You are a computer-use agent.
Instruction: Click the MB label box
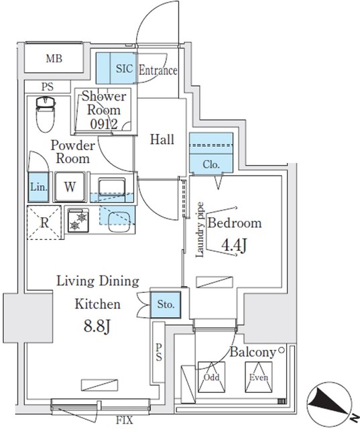click(x=54, y=59)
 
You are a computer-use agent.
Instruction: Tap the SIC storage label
click(x=124, y=68)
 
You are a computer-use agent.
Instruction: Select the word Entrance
click(x=158, y=70)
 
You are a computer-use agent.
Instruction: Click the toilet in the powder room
click(x=44, y=114)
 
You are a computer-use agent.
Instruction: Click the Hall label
click(x=162, y=139)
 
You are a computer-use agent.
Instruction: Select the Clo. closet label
click(x=210, y=164)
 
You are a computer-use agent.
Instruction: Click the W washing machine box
click(x=70, y=187)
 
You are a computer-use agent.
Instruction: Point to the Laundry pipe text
click(x=200, y=231)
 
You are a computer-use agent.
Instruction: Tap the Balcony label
click(x=253, y=352)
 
